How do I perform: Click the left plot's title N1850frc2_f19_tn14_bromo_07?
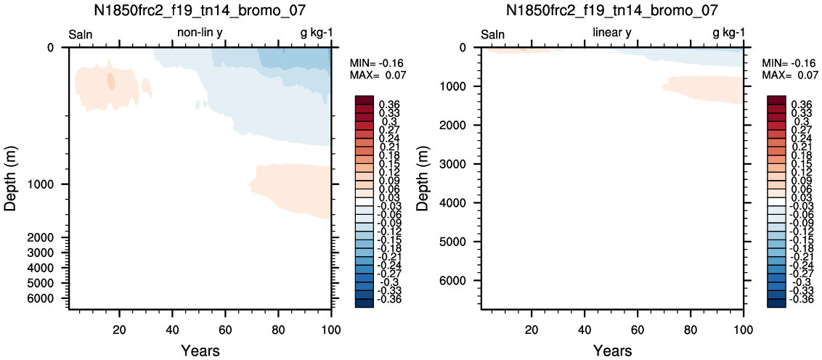200,10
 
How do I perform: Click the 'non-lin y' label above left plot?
201,34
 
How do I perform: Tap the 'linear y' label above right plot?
611,34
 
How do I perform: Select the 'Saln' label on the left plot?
81,35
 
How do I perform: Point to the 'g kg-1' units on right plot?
728,34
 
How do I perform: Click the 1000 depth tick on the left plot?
46,184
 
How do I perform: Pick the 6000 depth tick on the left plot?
46,298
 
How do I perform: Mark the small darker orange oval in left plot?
110,81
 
